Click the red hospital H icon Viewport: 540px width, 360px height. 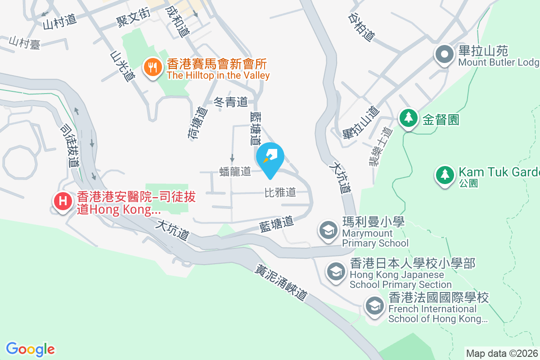coord(63,201)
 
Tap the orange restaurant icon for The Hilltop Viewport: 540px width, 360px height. coord(153,68)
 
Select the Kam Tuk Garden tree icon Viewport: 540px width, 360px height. coord(445,174)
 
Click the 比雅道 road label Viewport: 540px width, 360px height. coord(280,193)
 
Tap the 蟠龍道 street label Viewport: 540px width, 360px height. coord(235,171)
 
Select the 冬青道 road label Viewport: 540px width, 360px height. coord(230,102)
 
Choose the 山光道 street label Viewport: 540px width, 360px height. coord(122,66)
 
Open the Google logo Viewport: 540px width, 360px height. coord(31,349)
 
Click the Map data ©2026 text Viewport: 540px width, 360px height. coord(502,353)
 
